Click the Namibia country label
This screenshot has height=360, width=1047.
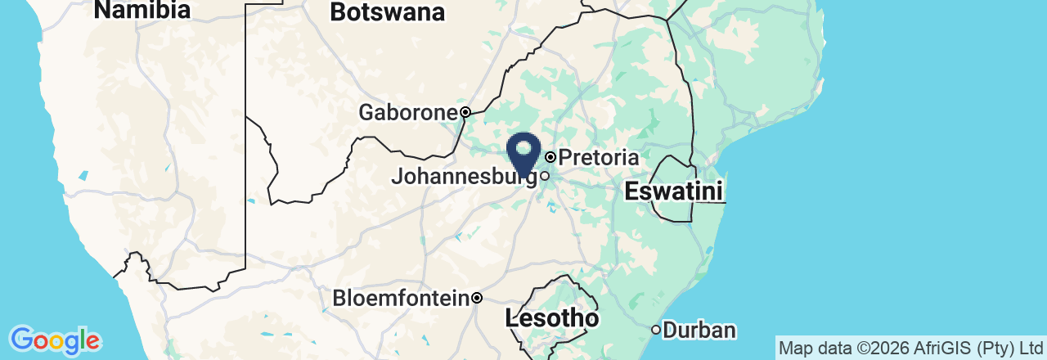pos(142,10)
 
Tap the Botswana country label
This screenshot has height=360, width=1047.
pos(387,12)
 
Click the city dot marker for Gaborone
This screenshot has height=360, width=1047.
pos(465,112)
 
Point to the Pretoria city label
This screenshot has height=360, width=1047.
pos(599,156)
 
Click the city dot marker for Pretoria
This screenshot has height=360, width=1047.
pos(550,156)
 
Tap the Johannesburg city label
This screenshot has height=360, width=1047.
pos(464,176)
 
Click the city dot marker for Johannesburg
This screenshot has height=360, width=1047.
pos(544,175)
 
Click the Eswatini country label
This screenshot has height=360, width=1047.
pos(673,192)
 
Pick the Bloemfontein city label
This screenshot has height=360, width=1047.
pos(401,299)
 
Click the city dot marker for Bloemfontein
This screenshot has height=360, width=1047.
pos(477,298)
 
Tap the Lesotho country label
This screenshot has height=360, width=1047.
pos(552,318)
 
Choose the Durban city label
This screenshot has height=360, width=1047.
pos(699,331)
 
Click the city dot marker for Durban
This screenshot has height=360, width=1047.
pos(656,330)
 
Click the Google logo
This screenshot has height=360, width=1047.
pos(55,340)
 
